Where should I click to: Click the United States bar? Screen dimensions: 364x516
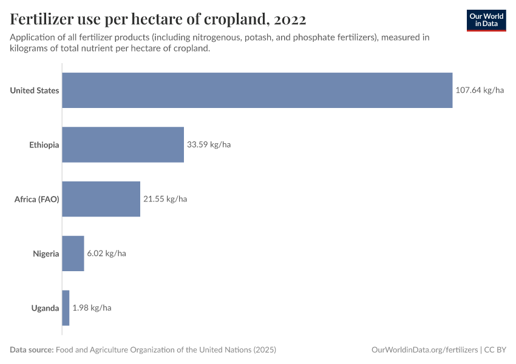(x=257, y=90)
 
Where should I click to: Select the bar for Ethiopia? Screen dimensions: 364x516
(x=123, y=145)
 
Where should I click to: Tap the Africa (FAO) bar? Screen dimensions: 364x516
(x=101, y=199)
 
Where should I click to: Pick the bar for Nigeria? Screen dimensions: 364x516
(x=73, y=254)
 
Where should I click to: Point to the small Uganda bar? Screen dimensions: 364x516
(x=66, y=308)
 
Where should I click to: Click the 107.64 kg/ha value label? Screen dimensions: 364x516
(x=480, y=90)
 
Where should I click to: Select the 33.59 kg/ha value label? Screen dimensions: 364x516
(x=209, y=145)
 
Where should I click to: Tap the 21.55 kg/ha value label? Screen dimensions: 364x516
(x=165, y=199)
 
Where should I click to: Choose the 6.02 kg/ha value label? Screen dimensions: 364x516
(x=106, y=254)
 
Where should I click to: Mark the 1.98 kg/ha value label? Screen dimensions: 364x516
(x=92, y=308)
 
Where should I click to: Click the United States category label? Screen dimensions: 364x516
(x=35, y=90)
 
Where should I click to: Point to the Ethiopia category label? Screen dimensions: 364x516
(x=44, y=145)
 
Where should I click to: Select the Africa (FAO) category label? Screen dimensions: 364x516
(x=37, y=199)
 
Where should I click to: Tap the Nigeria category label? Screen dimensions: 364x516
(x=46, y=254)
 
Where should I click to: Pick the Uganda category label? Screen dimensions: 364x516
(x=46, y=308)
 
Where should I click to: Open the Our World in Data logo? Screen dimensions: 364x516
(x=486, y=20)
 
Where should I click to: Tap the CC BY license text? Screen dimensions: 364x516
(x=495, y=350)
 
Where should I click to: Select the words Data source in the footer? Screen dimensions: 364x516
(x=31, y=350)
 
